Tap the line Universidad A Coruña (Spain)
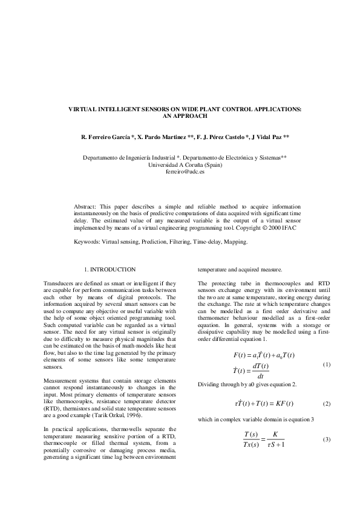point(180,164)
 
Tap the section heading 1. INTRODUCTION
point(110,270)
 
